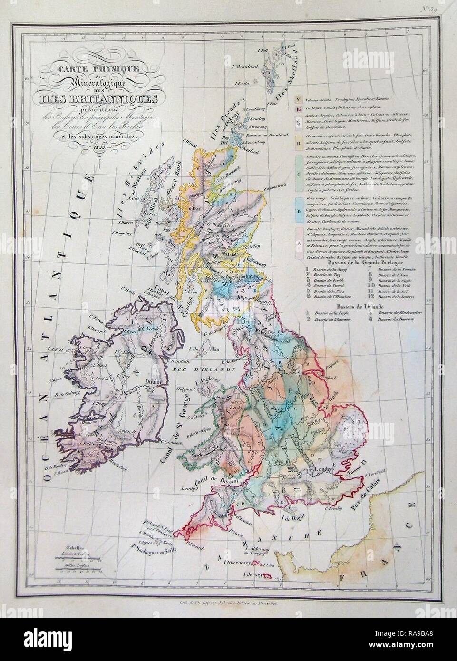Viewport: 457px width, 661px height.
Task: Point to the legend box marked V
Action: point(298,99)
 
